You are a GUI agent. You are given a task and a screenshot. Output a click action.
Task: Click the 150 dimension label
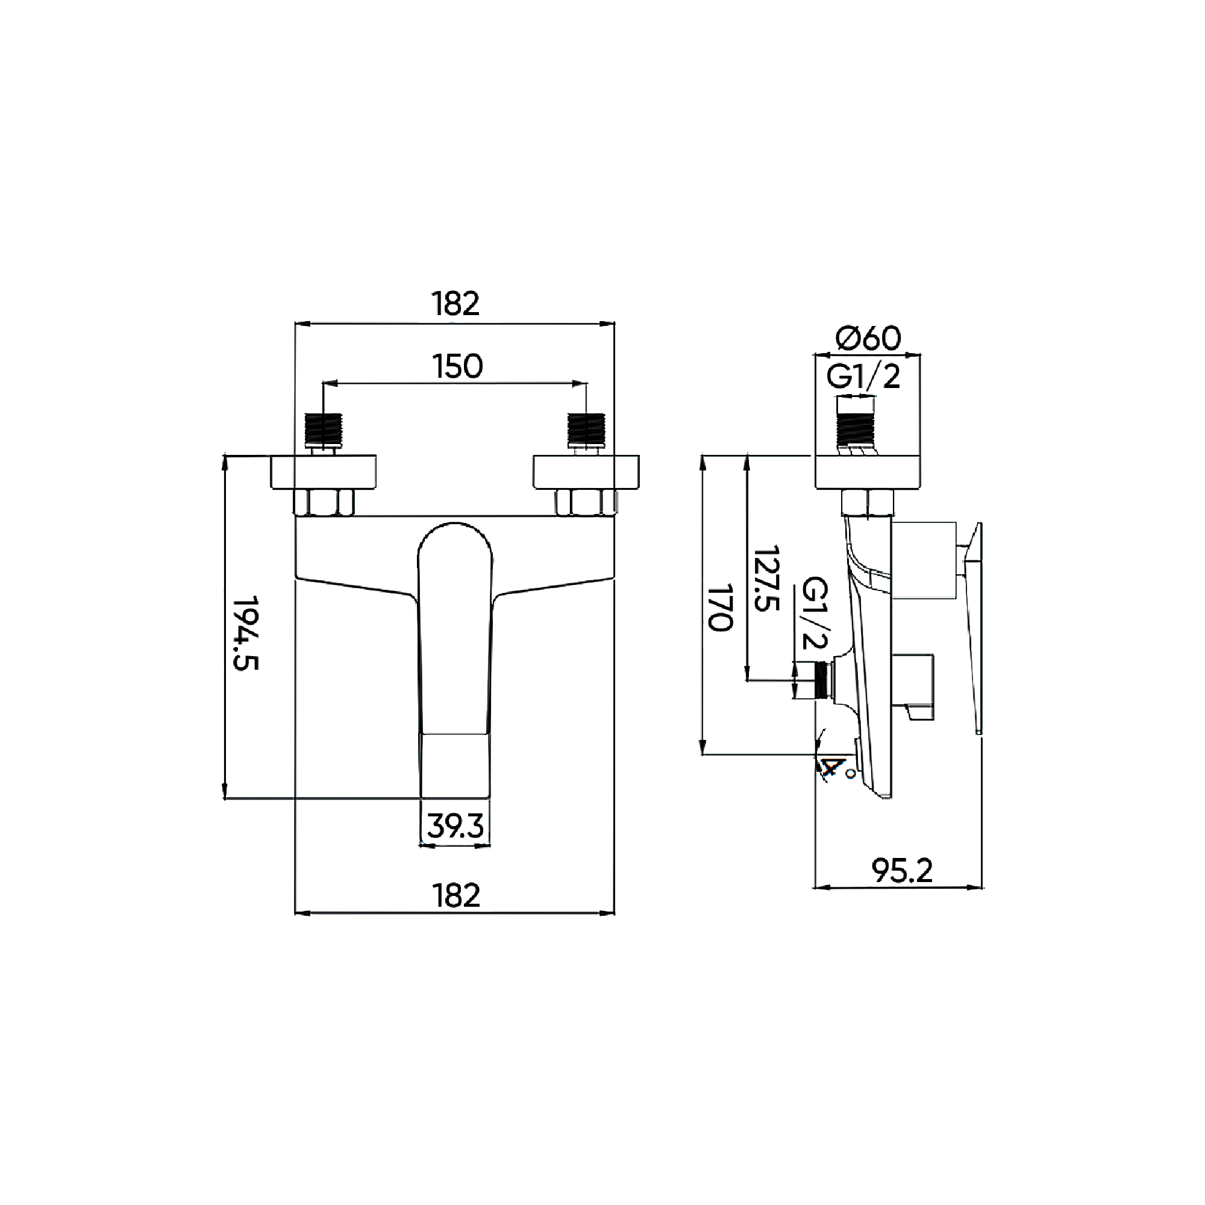(x=457, y=367)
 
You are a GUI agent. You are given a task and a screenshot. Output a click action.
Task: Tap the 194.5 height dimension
(x=246, y=633)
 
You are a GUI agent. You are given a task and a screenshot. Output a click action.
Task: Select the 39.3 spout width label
(x=455, y=827)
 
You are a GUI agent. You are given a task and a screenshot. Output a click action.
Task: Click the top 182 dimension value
(x=456, y=304)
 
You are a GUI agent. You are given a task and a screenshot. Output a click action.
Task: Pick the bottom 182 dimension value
(x=456, y=895)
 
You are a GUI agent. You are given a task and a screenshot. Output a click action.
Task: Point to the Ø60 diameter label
(x=868, y=339)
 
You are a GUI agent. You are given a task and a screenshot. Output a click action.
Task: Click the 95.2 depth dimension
(x=902, y=871)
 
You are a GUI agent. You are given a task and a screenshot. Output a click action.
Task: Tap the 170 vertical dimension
(x=721, y=607)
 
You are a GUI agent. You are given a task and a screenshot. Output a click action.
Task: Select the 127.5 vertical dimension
(x=766, y=579)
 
